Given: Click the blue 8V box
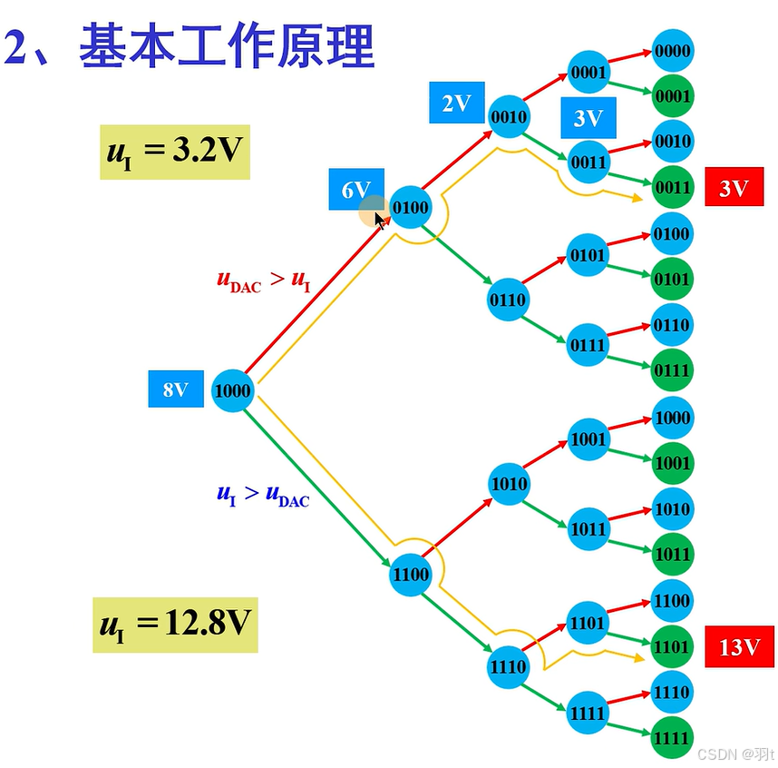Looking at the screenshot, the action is (176, 390).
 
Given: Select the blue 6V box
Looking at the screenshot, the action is (355, 190).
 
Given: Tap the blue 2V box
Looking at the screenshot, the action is (456, 103).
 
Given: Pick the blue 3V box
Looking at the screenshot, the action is (588, 118).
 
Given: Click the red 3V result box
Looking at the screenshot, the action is (734, 188).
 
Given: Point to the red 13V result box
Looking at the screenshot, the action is (739, 646).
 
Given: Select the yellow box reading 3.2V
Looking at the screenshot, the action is (174, 151).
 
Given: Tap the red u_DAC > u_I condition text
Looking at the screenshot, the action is (264, 280).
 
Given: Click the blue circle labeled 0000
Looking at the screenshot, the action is (672, 52).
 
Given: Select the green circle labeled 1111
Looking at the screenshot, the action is (672, 738).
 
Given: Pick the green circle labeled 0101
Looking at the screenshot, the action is (672, 279).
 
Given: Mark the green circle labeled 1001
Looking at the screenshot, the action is (672, 463).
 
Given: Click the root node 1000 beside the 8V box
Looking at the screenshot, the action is (233, 392).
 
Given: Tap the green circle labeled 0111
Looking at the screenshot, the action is (672, 370).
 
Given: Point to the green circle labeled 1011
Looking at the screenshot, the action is (672, 554).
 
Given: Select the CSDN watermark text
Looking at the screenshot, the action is (734, 754).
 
